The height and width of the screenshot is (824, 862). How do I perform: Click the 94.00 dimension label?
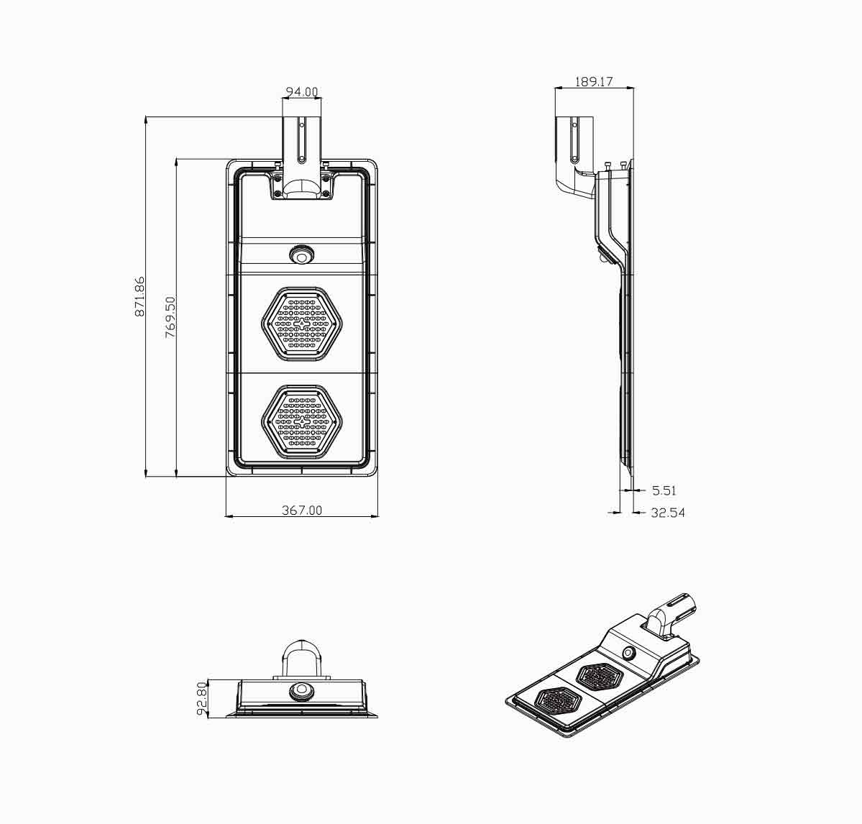point(302,92)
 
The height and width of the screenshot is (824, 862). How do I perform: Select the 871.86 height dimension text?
point(139,296)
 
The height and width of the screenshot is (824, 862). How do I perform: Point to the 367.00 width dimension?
point(302,510)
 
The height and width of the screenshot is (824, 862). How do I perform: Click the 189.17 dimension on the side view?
point(594,82)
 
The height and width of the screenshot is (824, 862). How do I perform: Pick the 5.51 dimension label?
point(664,490)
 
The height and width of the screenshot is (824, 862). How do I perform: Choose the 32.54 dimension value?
point(668,513)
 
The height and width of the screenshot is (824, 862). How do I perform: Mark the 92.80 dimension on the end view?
point(201,699)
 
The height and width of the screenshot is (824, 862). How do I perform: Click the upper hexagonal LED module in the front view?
point(301,324)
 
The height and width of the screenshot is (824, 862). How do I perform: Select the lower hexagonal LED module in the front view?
point(301,421)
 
